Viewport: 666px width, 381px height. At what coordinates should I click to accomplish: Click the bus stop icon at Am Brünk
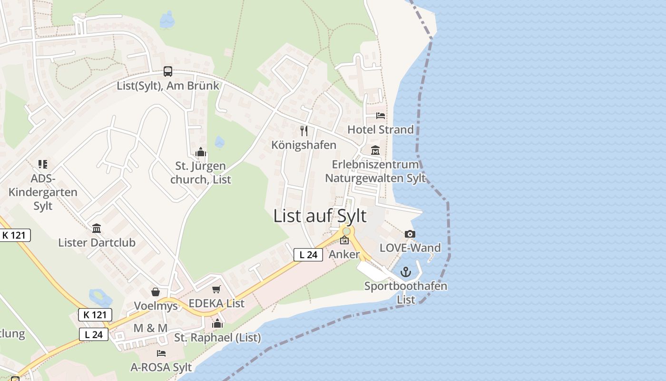click(168, 71)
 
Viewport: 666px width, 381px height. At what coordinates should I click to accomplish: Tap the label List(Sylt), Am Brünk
click(168, 86)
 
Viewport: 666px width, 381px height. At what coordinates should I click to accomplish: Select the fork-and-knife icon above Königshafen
click(304, 130)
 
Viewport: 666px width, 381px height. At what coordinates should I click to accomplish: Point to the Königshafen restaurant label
click(304, 145)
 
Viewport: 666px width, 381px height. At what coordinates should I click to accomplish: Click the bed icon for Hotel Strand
click(381, 116)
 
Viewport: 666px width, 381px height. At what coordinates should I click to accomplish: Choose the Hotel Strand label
click(381, 130)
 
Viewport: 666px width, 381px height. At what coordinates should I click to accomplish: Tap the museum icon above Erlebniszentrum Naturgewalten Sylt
click(375, 150)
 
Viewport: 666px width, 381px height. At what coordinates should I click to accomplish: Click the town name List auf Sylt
click(320, 216)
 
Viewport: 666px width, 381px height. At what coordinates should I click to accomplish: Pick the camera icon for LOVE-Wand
click(410, 234)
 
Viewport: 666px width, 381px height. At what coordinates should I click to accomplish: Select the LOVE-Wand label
click(410, 248)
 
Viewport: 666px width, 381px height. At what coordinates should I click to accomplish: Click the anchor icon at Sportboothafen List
click(406, 272)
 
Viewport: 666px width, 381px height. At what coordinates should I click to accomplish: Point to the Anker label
click(344, 254)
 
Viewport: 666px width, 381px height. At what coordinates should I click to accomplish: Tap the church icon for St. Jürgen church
click(201, 152)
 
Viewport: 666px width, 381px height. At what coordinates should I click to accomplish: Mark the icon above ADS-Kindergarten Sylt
click(43, 164)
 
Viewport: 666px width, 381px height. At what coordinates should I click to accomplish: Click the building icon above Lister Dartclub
click(97, 229)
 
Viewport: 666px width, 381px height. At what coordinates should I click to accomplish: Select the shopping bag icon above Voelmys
click(156, 292)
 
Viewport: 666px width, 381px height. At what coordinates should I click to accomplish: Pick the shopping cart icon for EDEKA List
click(216, 290)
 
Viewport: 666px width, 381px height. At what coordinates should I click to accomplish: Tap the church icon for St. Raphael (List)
click(217, 324)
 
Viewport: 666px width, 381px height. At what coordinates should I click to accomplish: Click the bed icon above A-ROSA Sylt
click(161, 353)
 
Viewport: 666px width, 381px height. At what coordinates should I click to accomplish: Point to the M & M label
click(150, 328)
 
